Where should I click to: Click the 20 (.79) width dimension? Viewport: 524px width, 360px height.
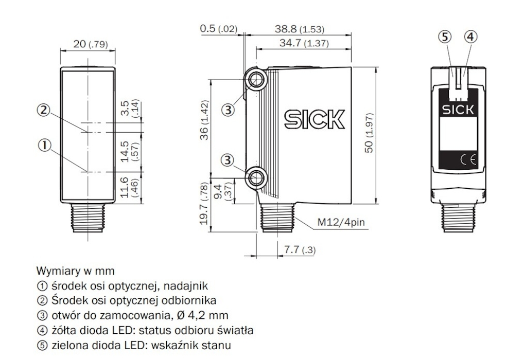click(x=90, y=44)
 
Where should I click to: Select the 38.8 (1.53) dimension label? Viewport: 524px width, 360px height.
click(x=300, y=29)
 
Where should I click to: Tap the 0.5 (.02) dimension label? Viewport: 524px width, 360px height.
click(x=219, y=29)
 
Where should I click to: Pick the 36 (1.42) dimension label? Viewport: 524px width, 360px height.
click(x=204, y=120)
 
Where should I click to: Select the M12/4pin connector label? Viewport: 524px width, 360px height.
click(x=341, y=222)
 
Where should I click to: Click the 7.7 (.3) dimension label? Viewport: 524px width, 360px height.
click(x=300, y=250)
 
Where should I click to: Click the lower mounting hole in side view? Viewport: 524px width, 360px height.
click(x=257, y=177)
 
